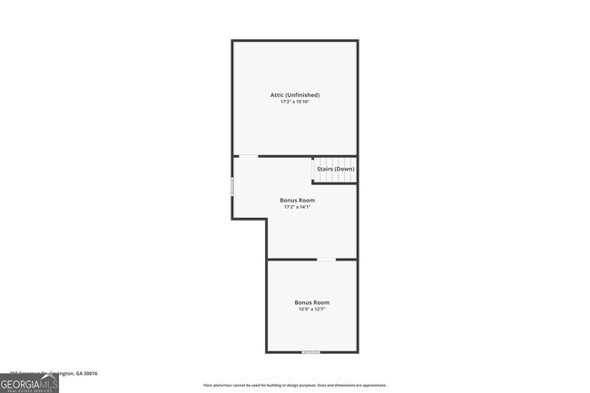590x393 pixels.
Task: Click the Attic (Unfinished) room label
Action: click(x=295, y=94)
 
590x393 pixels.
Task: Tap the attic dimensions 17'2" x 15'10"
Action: click(x=295, y=102)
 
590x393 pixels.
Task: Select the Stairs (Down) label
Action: click(x=335, y=169)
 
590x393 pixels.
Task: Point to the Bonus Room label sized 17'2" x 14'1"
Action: click(x=297, y=200)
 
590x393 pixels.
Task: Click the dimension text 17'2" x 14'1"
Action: click(x=297, y=207)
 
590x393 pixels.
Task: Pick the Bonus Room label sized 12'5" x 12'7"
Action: click(x=311, y=302)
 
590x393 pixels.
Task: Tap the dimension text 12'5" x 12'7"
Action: click(x=311, y=309)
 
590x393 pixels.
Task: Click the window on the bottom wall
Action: click(x=311, y=351)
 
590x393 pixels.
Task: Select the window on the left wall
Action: click(x=232, y=187)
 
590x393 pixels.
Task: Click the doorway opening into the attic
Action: click(x=248, y=156)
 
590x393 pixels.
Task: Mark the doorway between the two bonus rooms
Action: click(x=325, y=260)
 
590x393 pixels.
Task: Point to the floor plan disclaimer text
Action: click(x=295, y=386)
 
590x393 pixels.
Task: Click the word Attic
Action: click(x=278, y=94)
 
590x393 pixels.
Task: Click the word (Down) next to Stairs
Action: click(x=345, y=169)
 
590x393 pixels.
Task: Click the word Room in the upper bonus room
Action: click(x=307, y=200)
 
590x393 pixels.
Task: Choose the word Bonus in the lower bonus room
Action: click(x=302, y=302)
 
